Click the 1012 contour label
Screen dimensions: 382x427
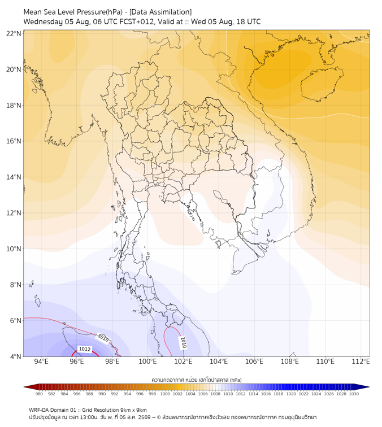coord(84,349)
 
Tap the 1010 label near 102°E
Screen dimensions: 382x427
coord(183,343)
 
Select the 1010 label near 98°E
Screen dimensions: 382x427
coord(103,338)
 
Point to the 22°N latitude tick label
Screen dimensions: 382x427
coord(14,33)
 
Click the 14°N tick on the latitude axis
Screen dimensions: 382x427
coord(14,177)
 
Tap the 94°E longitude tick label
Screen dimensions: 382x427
coord(41,361)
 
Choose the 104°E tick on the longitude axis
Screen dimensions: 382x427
coord(219,361)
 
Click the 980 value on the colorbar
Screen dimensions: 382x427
coord(39,394)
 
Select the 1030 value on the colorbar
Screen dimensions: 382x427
coord(354,394)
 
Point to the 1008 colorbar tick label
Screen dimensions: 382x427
coord(215,394)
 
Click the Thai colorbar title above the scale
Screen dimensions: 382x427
coord(197,380)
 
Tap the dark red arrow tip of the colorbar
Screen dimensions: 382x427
coord(24,387)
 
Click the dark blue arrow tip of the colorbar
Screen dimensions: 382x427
coord(369,387)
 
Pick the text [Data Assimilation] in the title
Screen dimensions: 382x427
coord(160,12)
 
